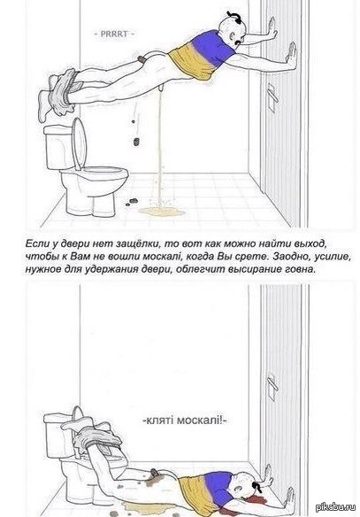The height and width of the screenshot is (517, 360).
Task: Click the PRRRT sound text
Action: (114, 34)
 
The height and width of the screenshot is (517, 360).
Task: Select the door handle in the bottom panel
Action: (272, 387)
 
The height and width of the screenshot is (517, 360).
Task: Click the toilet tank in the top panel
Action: (59, 147)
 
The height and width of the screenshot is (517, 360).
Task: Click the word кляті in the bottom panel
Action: (157, 421)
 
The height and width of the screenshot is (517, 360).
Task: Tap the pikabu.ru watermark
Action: (336, 507)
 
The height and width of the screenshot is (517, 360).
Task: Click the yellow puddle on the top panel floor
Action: (162, 212)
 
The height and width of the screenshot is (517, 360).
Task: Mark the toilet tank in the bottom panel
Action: (57, 436)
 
